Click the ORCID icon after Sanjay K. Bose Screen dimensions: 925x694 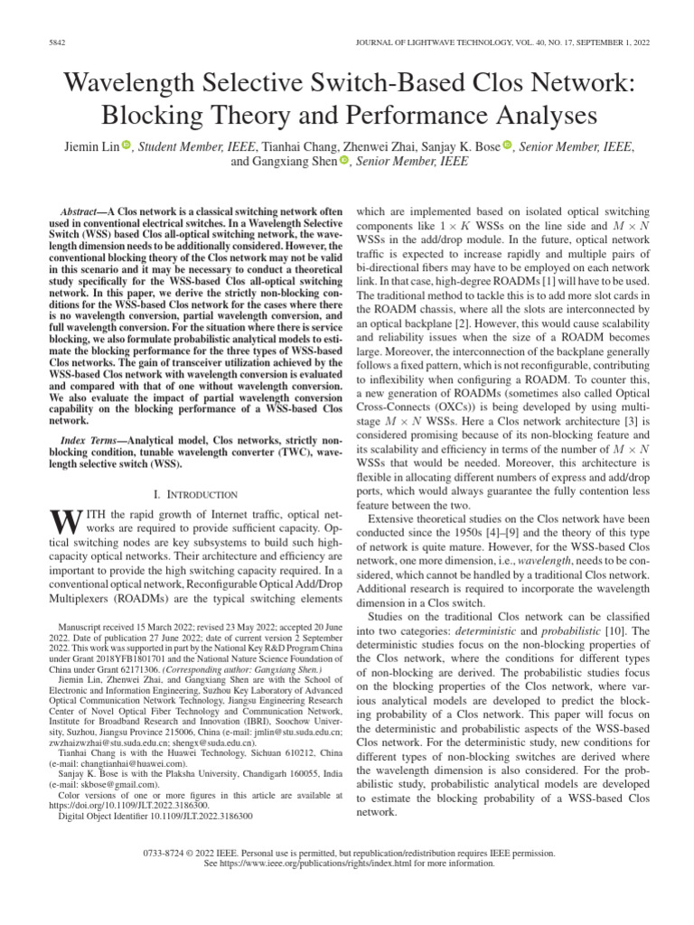(x=507, y=145)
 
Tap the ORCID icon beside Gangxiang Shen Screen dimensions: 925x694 (x=344, y=163)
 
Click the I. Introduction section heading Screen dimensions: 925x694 (x=196, y=494)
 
